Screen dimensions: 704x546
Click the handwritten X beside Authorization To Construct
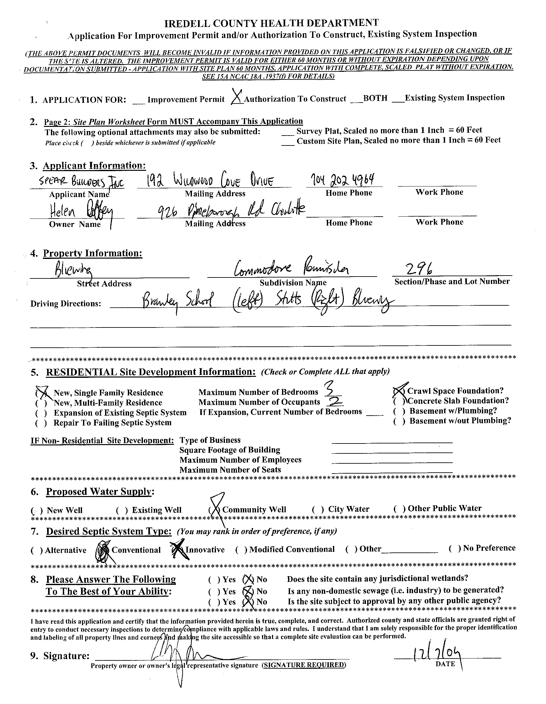(x=236, y=97)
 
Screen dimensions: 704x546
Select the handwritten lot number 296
(x=419, y=268)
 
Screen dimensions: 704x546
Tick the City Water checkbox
(x=318, y=509)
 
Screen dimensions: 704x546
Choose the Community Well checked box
(x=215, y=509)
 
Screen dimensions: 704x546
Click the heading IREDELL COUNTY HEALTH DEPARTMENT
(x=271, y=23)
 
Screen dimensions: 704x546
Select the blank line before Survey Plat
(x=288, y=134)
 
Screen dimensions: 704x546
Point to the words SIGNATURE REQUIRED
(x=304, y=665)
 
